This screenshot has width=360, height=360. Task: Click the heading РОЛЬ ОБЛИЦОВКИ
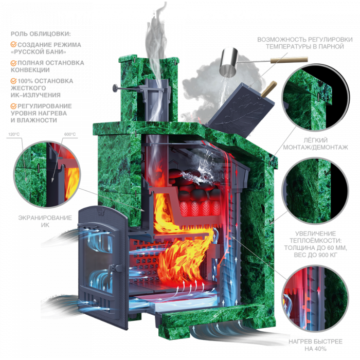point(41,34)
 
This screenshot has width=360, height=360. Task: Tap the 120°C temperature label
point(14,134)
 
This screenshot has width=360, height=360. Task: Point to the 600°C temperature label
point(70,134)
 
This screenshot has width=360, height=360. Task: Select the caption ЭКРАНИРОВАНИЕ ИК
point(45,221)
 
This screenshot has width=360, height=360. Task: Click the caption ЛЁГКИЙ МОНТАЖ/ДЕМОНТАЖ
point(315,143)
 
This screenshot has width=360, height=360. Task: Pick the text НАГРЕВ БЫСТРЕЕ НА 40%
point(315,345)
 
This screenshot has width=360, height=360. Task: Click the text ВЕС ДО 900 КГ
point(315,255)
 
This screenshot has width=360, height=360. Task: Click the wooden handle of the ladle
point(289,60)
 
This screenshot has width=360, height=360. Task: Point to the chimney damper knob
point(115,88)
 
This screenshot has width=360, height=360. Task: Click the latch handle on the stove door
point(116,268)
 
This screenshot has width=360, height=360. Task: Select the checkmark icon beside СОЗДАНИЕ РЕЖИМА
point(13,44)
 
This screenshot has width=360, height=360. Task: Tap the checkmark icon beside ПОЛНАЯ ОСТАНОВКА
point(13,63)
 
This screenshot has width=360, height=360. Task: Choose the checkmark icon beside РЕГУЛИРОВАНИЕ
point(13,106)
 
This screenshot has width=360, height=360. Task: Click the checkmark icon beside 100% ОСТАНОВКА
point(13,81)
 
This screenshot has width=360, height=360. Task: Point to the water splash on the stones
point(202,170)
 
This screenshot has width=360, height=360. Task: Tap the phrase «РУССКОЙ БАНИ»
point(39,52)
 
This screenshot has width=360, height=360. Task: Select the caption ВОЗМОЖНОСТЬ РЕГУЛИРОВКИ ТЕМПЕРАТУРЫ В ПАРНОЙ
point(304,43)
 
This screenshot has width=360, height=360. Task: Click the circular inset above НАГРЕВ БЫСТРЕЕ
point(315,298)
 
